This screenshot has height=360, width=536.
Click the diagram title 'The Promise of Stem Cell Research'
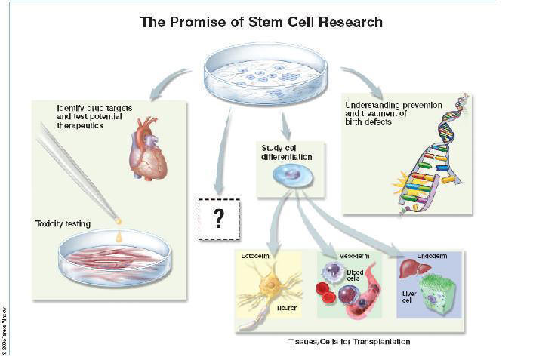pos(261,22)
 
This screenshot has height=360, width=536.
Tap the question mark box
pos(219,218)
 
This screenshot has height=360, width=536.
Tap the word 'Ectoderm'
pos(257,257)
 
